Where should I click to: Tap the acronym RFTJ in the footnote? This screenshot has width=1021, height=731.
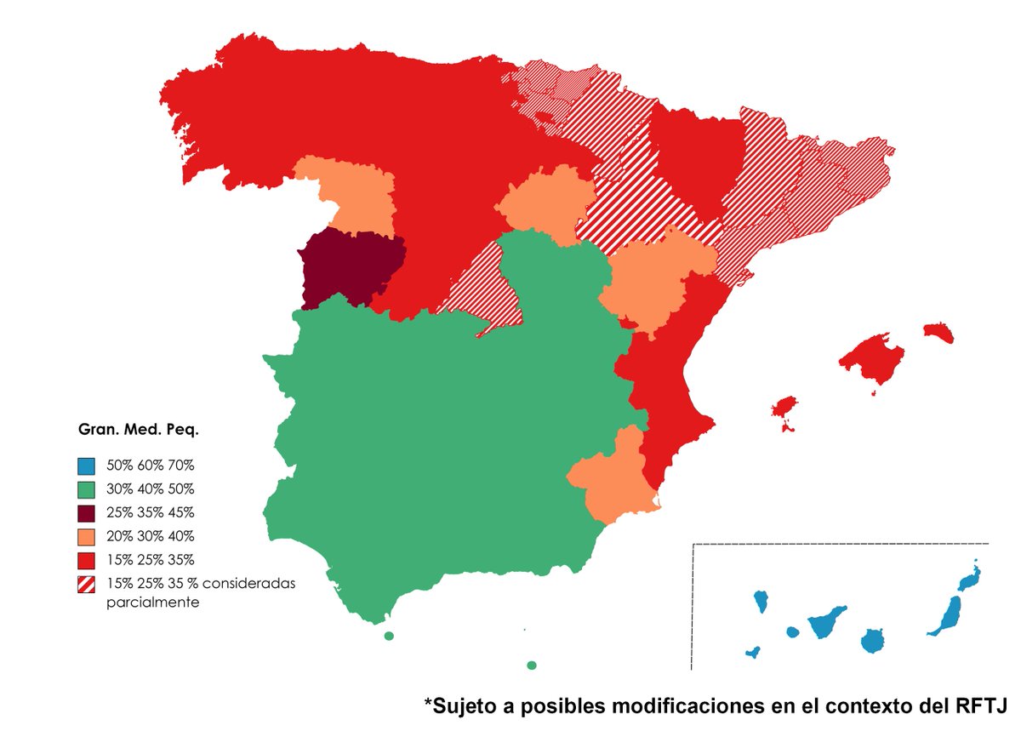[980, 705]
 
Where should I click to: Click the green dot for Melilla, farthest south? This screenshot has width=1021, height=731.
[532, 665]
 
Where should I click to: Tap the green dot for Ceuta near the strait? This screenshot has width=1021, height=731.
[389, 636]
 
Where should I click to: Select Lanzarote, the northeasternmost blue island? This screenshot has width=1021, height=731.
[969, 579]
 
